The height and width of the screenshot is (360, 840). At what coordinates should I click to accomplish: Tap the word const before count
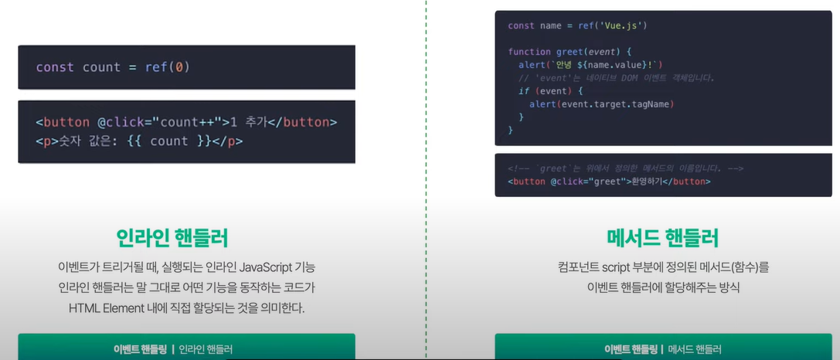(56, 67)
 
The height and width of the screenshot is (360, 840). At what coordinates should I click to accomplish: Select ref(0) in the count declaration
(167, 67)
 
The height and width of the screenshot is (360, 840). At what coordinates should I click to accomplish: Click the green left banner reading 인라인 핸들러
(186, 348)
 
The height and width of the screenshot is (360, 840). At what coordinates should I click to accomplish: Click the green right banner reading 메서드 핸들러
(662, 348)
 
